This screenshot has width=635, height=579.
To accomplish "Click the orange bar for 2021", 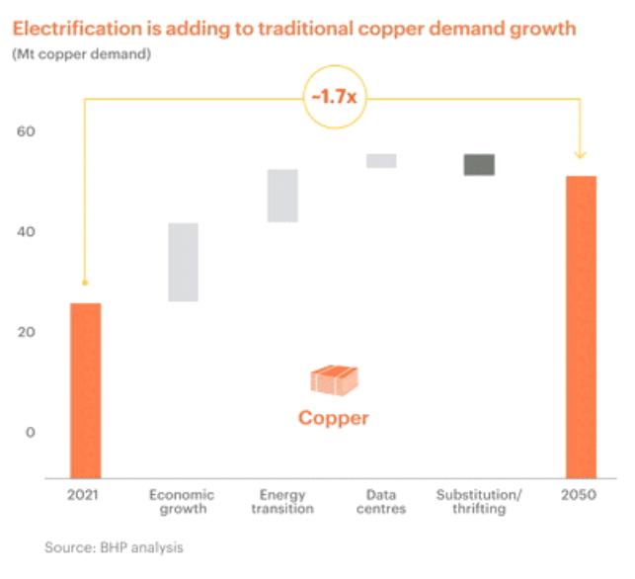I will pyautogui.click(x=85, y=390).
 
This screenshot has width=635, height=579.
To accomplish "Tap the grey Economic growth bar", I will pyautogui.click(x=183, y=262).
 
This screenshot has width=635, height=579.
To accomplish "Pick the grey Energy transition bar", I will pyautogui.click(x=282, y=196).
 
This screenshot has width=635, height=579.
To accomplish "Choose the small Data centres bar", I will pyautogui.click(x=381, y=160).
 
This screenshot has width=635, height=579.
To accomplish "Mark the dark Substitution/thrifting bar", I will pyautogui.click(x=480, y=164).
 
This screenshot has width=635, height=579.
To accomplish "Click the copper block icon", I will pyautogui.click(x=333, y=379).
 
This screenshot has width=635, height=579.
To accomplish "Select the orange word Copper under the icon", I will pyautogui.click(x=333, y=418).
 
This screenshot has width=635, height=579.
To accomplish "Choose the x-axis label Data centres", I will pyautogui.click(x=380, y=501).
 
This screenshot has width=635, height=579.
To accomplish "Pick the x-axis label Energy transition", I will pyautogui.click(x=281, y=501).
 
